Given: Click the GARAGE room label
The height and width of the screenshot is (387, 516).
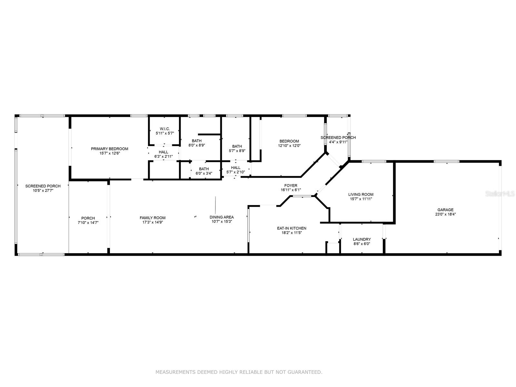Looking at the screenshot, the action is (445, 210).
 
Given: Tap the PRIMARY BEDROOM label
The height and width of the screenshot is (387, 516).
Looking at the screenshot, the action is (110, 149).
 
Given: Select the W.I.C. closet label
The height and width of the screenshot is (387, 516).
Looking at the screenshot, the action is (164, 129).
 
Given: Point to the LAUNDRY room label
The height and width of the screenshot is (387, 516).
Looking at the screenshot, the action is (362, 239).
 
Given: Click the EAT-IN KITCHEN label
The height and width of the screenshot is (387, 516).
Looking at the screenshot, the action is (292, 228).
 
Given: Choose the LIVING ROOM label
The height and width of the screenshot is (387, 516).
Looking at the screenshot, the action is (361, 194).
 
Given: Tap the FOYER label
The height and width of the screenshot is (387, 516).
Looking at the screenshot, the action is (291, 185).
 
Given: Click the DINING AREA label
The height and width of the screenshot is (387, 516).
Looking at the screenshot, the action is (222, 217).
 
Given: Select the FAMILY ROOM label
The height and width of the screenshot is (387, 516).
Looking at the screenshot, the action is (153, 218).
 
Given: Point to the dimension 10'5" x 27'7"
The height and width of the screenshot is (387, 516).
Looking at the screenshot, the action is (43, 191).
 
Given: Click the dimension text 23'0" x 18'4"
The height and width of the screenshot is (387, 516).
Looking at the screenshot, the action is (445, 214).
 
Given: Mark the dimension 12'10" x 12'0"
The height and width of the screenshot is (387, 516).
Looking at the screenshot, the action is (289, 145).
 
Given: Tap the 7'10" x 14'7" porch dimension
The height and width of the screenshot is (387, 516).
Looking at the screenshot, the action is (88, 223).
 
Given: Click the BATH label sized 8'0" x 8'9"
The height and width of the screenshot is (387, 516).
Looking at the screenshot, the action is (196, 141).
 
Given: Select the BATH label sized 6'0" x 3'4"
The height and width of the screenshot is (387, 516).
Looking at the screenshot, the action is (204, 169).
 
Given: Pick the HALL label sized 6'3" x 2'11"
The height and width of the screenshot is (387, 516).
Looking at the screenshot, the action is (164, 152).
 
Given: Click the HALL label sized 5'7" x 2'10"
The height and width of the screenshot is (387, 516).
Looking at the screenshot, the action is (235, 167).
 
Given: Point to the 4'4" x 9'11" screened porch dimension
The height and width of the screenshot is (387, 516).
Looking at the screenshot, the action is (338, 142).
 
